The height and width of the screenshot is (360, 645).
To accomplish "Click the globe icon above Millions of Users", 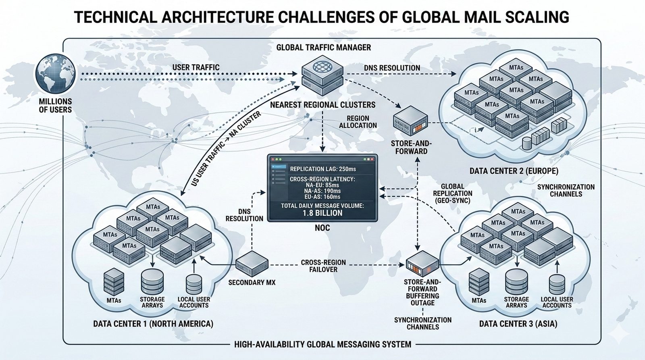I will tap(56, 74).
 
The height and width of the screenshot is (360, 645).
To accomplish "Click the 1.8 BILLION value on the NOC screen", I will tap(322, 213).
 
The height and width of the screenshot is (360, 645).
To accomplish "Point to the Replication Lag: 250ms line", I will tap(323, 169).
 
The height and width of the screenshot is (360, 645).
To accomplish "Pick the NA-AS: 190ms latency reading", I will tap(322, 191).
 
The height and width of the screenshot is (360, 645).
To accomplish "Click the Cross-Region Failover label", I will tap(323, 266).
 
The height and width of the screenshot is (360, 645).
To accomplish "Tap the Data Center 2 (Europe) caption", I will tap(514, 171).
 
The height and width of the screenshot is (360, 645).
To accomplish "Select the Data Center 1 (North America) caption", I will tap(153, 324).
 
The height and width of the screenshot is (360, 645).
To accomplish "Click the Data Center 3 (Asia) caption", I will tap(518, 324).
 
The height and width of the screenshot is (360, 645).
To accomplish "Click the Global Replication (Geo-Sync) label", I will tap(452, 193).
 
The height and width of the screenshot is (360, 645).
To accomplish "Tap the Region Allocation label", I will tap(358, 122).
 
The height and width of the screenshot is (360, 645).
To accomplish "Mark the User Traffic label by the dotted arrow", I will tap(196, 67).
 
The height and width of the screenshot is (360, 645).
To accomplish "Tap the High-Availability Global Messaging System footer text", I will tap(322, 344).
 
